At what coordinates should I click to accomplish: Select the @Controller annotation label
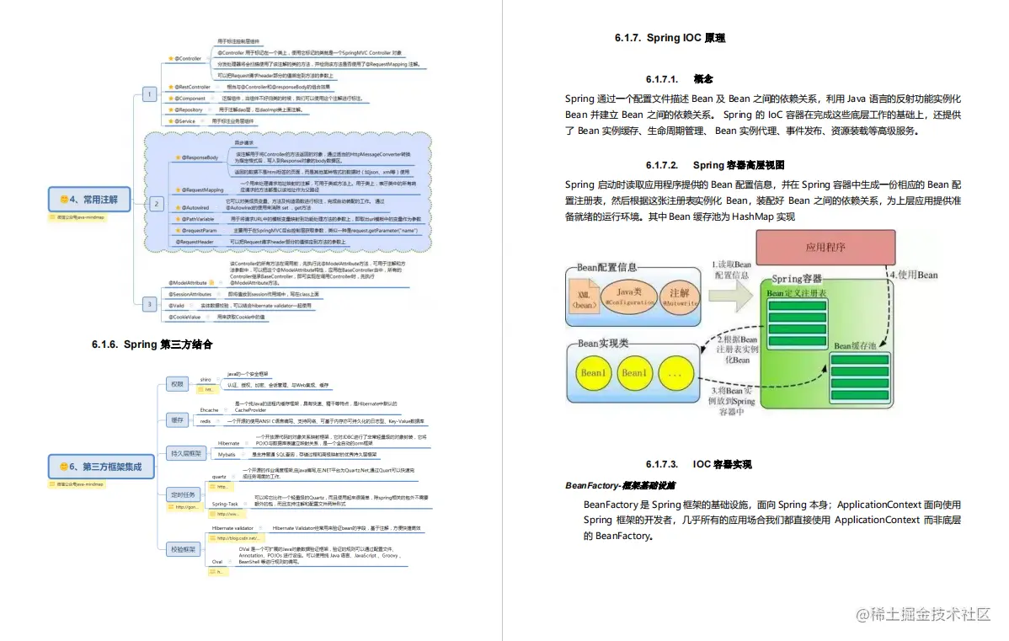(187, 58)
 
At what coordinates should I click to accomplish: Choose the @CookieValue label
(184, 317)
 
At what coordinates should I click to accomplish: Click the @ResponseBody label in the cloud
(200, 158)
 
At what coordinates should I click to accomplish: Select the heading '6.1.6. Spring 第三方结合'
(152, 345)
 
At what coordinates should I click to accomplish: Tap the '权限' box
(176, 384)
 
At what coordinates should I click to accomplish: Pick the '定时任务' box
(182, 495)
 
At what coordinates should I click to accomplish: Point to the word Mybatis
(227, 454)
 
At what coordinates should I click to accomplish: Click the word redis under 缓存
(206, 419)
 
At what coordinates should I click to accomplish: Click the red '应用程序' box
(825, 248)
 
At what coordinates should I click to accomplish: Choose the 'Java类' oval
(630, 296)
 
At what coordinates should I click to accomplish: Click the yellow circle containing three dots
(675, 372)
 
